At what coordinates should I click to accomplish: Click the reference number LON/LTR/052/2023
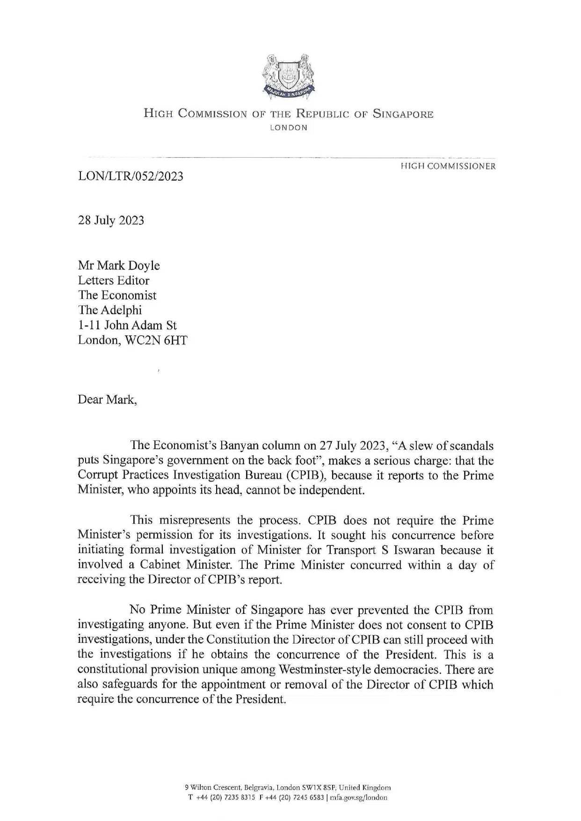[x=131, y=176]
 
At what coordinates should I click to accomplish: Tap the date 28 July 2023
[x=111, y=220]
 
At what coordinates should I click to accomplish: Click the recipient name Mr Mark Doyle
[x=119, y=266]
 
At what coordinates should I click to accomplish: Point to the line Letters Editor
[x=114, y=281]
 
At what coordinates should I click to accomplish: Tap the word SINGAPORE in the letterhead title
[x=403, y=114]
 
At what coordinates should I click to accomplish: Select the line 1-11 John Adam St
[x=127, y=325]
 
